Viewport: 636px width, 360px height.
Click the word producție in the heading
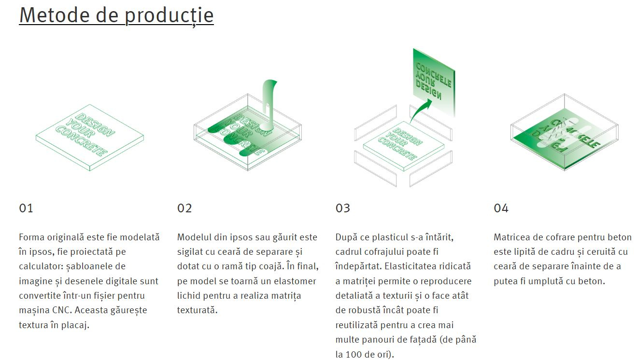point(169,16)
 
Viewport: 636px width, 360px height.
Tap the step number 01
point(26,208)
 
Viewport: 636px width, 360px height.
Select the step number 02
point(184,208)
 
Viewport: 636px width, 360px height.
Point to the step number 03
point(343,208)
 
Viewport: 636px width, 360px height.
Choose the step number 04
point(501,208)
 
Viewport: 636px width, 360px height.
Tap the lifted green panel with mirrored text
point(434,82)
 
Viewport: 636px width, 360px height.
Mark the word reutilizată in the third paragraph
point(356,325)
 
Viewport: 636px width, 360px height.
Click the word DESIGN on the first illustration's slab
point(95,125)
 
